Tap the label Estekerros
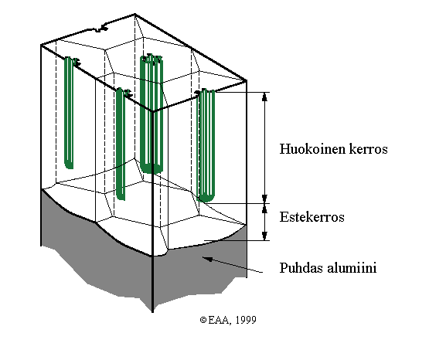pos(312,217)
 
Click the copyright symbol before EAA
pos(203,320)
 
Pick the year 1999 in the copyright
pos(246,320)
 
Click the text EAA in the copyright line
pos(218,320)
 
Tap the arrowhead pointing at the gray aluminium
pos(207,258)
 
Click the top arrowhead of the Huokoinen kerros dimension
pos(264,97)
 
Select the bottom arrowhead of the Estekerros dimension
pos(264,236)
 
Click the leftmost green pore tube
pos(69,113)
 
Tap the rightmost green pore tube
pos(206,145)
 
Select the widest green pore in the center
pos(152,114)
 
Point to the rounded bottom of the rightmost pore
pos(206,198)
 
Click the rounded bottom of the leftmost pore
pos(69,165)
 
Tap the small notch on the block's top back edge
pos(100,29)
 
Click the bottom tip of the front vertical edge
pos(152,312)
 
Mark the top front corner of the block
pos(152,111)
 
